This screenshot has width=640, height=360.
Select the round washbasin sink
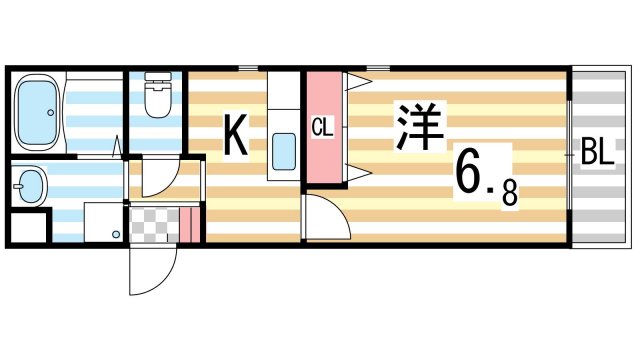[30, 184]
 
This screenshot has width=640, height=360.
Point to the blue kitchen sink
[284, 153]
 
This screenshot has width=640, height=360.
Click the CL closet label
[321, 128]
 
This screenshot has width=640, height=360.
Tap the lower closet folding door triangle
[355, 172]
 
